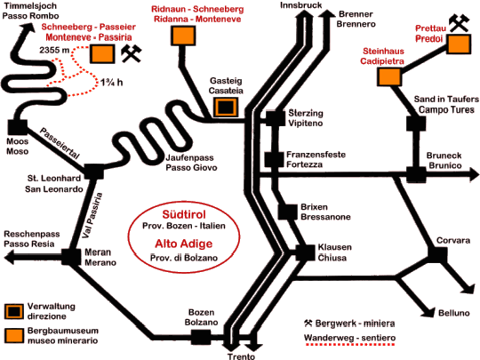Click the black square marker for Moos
[18, 127]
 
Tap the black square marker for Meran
[71, 257]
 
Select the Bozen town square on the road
[201, 338]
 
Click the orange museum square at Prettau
[459, 44]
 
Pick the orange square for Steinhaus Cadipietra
[389, 76]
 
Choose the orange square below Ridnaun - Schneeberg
[183, 36]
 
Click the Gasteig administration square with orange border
[226, 108]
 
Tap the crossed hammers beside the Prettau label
[459, 23]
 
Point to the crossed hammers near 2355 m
[132, 54]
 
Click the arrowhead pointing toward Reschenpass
[9, 257]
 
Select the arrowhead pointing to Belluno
[428, 311]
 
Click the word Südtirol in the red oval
[184, 214]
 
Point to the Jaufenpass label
[190, 157]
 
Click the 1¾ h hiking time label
[112, 83]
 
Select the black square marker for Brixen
[288, 212]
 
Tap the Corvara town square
[437, 254]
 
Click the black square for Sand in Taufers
[416, 124]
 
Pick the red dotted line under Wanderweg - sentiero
[349, 344]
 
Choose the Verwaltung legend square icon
[14, 312]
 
